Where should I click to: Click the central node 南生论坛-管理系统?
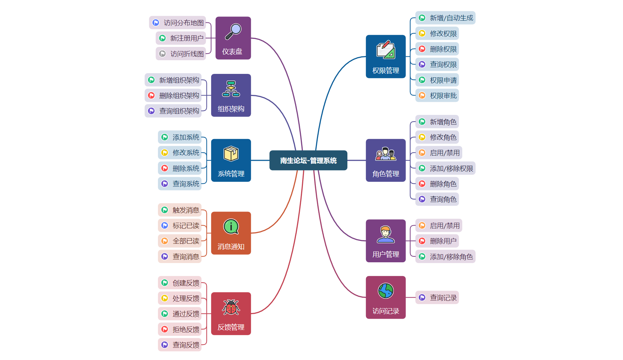point(308,160)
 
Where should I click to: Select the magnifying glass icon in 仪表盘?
point(233,31)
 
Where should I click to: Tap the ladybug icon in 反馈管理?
point(231,307)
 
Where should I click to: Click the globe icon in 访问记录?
point(386,291)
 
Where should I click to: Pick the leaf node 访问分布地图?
point(178,23)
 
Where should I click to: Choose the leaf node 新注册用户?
point(181,38)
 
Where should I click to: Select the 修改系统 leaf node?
point(180,153)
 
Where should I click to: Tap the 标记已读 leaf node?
point(180,226)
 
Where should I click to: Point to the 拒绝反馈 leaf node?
point(180,330)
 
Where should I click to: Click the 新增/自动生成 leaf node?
point(445,18)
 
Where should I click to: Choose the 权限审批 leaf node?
point(437,96)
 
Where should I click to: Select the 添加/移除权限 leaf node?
point(445,168)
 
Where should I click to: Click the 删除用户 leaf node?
point(437,241)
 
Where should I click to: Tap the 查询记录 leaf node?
point(437,298)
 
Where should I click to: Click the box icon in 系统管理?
point(231,153)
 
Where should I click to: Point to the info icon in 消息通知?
point(231,227)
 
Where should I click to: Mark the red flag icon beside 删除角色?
point(422,184)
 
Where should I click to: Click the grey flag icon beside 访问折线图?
point(162,54)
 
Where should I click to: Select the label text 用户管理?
point(386,254)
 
